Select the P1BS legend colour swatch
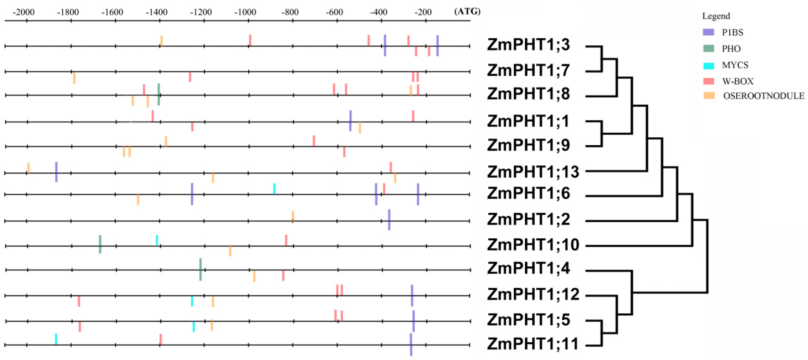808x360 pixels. tap(708, 32)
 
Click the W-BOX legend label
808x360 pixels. tap(738, 81)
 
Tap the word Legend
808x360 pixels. tap(716, 16)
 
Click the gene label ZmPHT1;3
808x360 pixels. tap(528, 45)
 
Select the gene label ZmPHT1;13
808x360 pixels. tap(533, 172)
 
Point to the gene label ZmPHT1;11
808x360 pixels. tap(533, 344)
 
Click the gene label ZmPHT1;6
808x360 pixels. tap(528, 193)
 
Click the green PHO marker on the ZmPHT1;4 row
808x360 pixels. tap(200, 269)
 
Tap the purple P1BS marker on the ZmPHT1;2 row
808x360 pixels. tap(389, 220)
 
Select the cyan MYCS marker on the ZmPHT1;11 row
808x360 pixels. tap(56, 339)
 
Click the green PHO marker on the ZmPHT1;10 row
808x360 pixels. tap(100, 244)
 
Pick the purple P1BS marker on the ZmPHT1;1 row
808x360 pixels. tap(350, 121)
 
